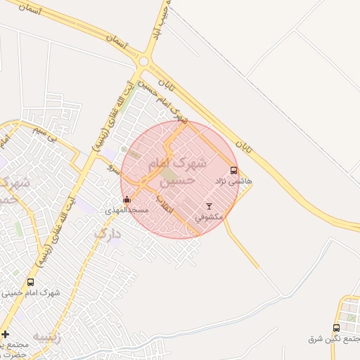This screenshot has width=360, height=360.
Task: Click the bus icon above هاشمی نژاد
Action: (x=234, y=170)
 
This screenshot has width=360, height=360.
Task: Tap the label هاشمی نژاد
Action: (x=235, y=181)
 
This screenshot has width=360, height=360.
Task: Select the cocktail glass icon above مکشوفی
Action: (x=208, y=206)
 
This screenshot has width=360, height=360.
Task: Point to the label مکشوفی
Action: (x=208, y=217)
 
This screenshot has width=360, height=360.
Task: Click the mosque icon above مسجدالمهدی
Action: (x=127, y=199)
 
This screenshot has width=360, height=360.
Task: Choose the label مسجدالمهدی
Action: (x=127, y=210)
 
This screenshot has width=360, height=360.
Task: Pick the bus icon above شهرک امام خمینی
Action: (x=30, y=282)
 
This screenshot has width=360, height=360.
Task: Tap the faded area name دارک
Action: (x=107, y=234)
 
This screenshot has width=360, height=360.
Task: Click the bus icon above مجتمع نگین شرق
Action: (x=336, y=328)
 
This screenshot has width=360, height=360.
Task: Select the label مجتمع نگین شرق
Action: (x=334, y=339)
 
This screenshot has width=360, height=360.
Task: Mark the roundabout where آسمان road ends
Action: (x=144, y=61)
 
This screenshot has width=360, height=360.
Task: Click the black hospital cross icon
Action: (x=6, y=333)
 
